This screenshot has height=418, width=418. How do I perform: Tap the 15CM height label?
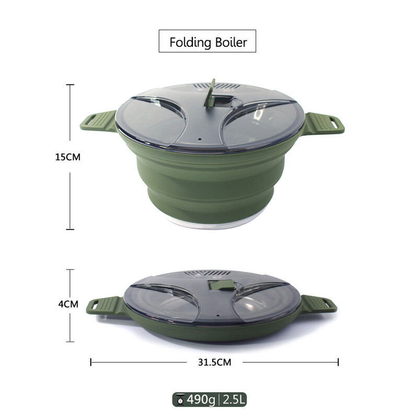click(x=68, y=157)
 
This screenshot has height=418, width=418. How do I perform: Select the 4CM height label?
click(x=68, y=304)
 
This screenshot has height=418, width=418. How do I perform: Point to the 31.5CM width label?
click(x=215, y=362)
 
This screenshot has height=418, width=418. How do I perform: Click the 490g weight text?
click(x=201, y=400)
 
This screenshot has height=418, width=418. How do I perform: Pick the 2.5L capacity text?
click(x=233, y=400)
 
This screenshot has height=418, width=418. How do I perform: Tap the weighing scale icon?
click(x=180, y=400)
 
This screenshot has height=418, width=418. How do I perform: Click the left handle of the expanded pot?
click(x=99, y=121)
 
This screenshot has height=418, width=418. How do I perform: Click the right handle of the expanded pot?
click(x=324, y=123)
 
